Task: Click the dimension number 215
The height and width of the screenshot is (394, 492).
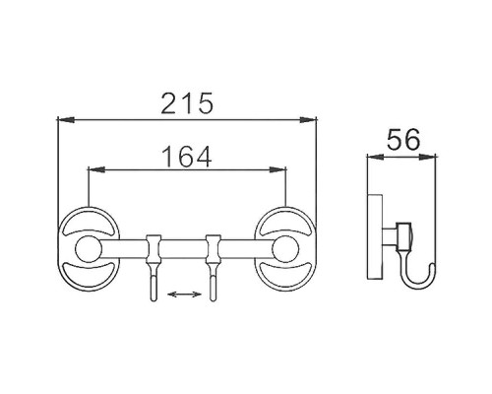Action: point(187,102)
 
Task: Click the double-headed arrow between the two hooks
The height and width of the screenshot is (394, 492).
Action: point(182,293)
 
